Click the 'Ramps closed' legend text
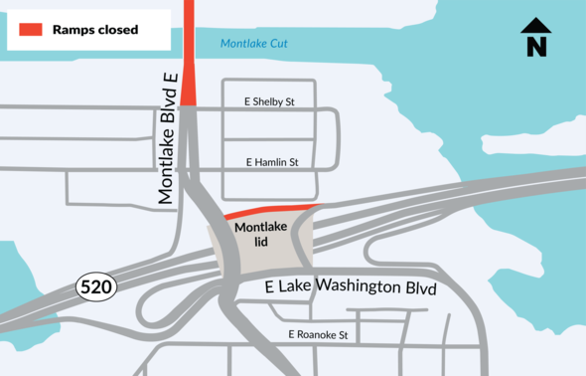click(95, 30)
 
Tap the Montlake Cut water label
click(252, 44)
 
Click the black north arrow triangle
click(536, 28)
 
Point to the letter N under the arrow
click(536, 47)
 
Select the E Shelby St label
click(269, 101)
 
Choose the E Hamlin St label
click(270, 162)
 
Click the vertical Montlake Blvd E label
click(168, 139)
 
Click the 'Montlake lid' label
click(260, 234)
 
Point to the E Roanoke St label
click(318, 335)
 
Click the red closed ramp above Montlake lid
click(270, 210)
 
